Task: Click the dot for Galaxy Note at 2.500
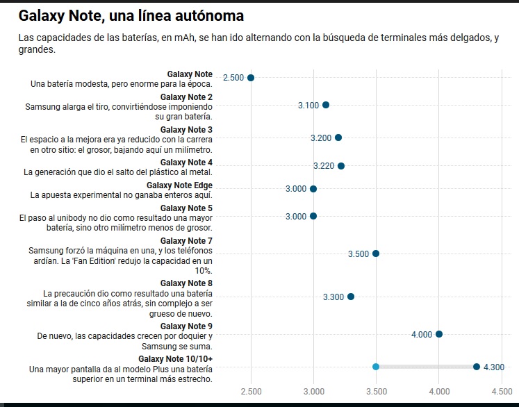click(x=251, y=78)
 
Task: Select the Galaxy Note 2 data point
click(x=326, y=105)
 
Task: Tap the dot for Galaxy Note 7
click(x=376, y=254)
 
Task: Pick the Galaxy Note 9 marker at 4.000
click(x=439, y=334)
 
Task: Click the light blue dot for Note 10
click(x=376, y=367)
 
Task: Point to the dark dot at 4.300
click(x=477, y=367)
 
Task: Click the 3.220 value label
click(x=324, y=166)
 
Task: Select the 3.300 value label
click(x=333, y=297)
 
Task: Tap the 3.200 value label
click(x=321, y=138)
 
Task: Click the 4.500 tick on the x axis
click(x=502, y=392)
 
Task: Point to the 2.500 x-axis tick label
click(x=252, y=392)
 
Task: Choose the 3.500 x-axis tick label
click(x=377, y=392)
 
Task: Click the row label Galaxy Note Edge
click(x=179, y=185)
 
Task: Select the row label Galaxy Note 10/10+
click(x=175, y=359)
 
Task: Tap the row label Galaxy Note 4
click(x=186, y=163)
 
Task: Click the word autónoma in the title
click(x=209, y=15)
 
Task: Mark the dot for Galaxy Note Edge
click(x=313, y=189)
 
